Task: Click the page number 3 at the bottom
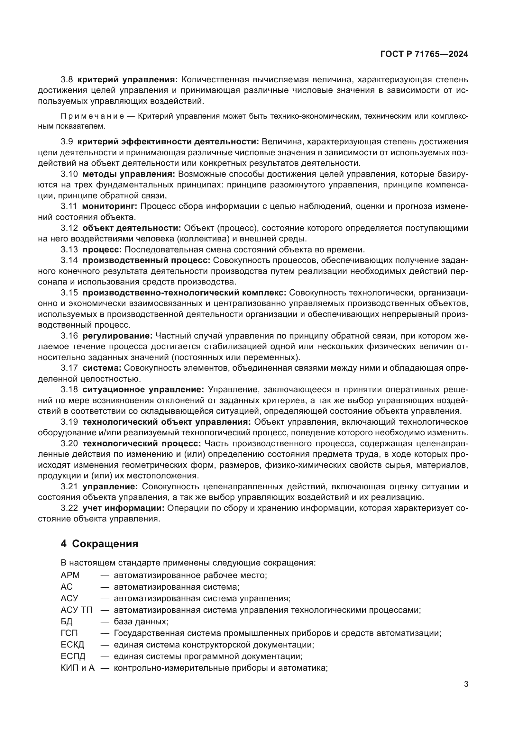point(466,684)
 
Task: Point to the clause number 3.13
point(69,249)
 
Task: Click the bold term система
point(102,368)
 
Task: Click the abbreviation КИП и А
point(77,668)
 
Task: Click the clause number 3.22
point(69,508)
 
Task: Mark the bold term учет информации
point(123,508)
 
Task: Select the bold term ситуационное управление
point(143,389)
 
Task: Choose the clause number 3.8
point(67,80)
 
